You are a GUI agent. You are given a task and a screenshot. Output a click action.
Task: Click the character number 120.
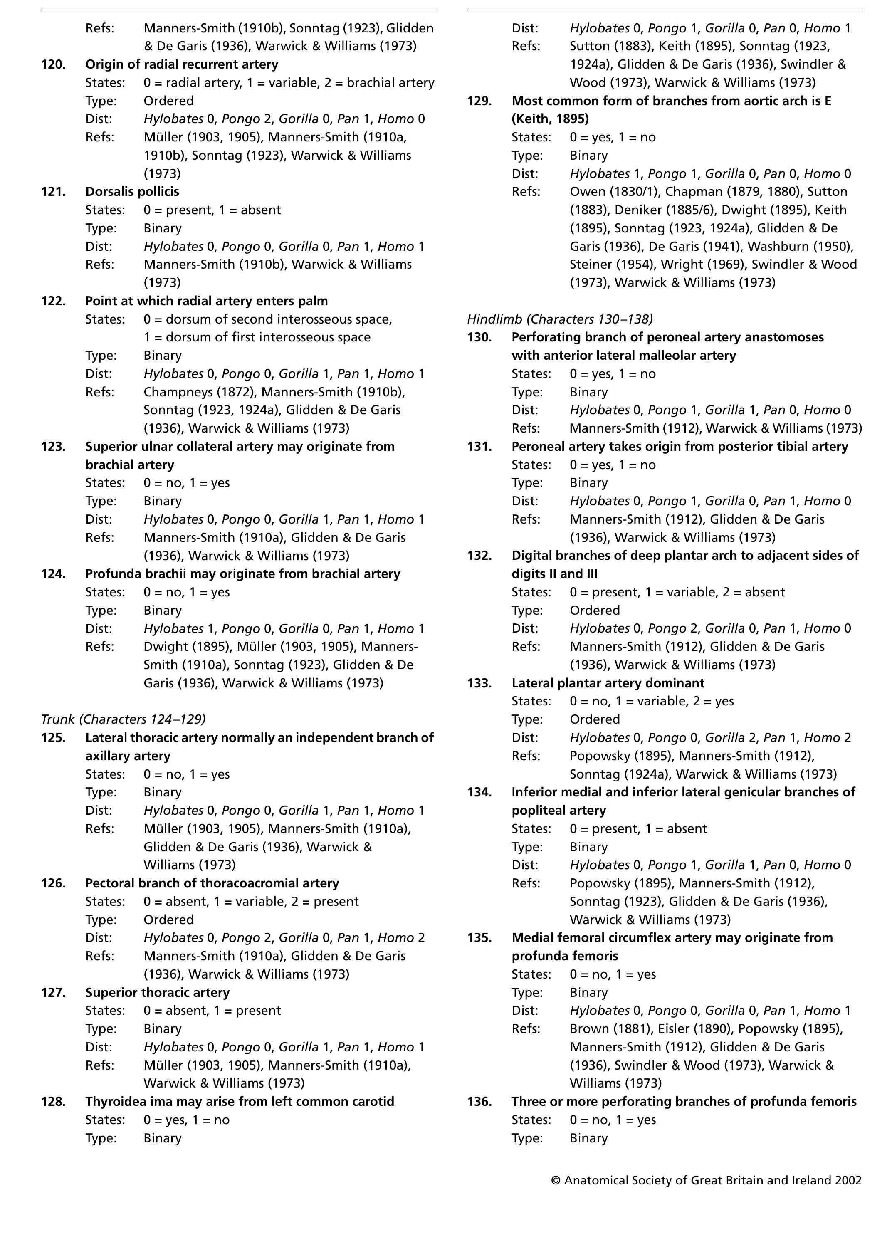[x=53, y=64]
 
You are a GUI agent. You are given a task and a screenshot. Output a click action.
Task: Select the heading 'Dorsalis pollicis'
[x=132, y=192]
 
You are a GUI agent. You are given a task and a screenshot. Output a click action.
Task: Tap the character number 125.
[x=53, y=738]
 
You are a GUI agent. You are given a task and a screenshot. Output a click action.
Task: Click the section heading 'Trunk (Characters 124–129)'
[x=123, y=719]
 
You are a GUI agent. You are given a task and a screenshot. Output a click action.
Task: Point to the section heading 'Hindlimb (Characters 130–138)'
[x=560, y=319]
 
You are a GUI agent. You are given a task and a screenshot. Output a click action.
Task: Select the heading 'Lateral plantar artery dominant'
[x=608, y=683]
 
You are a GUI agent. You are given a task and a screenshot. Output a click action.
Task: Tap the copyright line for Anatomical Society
[x=706, y=1180]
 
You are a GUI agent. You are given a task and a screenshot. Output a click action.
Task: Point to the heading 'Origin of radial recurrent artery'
[x=181, y=64]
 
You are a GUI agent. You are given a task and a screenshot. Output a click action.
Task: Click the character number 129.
[x=479, y=101]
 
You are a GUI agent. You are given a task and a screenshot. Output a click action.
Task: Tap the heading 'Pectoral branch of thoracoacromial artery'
[x=212, y=883]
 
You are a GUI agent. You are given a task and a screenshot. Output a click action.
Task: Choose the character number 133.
[x=479, y=683]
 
